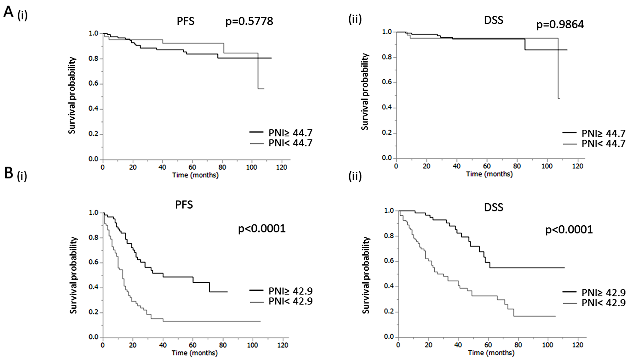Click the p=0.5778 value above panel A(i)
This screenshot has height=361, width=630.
(x=249, y=21)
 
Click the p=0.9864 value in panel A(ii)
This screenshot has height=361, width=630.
(x=560, y=24)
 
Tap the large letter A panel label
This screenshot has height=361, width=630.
(x=9, y=12)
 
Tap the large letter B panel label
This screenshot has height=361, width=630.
(x=9, y=173)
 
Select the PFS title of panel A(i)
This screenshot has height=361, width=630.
(x=186, y=21)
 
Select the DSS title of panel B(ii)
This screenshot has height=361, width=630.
(x=494, y=207)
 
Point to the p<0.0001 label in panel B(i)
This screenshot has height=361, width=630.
(x=262, y=228)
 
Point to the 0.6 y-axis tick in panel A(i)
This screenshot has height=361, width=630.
(x=93, y=84)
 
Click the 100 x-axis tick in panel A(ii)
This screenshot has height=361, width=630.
(x=547, y=166)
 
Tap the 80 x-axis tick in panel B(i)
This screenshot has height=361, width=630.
(x=223, y=345)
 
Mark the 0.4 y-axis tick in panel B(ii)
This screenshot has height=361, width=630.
(x=389, y=286)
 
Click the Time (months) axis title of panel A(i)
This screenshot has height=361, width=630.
(x=195, y=175)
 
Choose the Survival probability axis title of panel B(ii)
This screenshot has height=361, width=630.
(x=366, y=275)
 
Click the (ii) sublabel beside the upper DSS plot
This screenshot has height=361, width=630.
(x=355, y=19)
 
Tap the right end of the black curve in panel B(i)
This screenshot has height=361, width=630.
(x=227, y=292)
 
